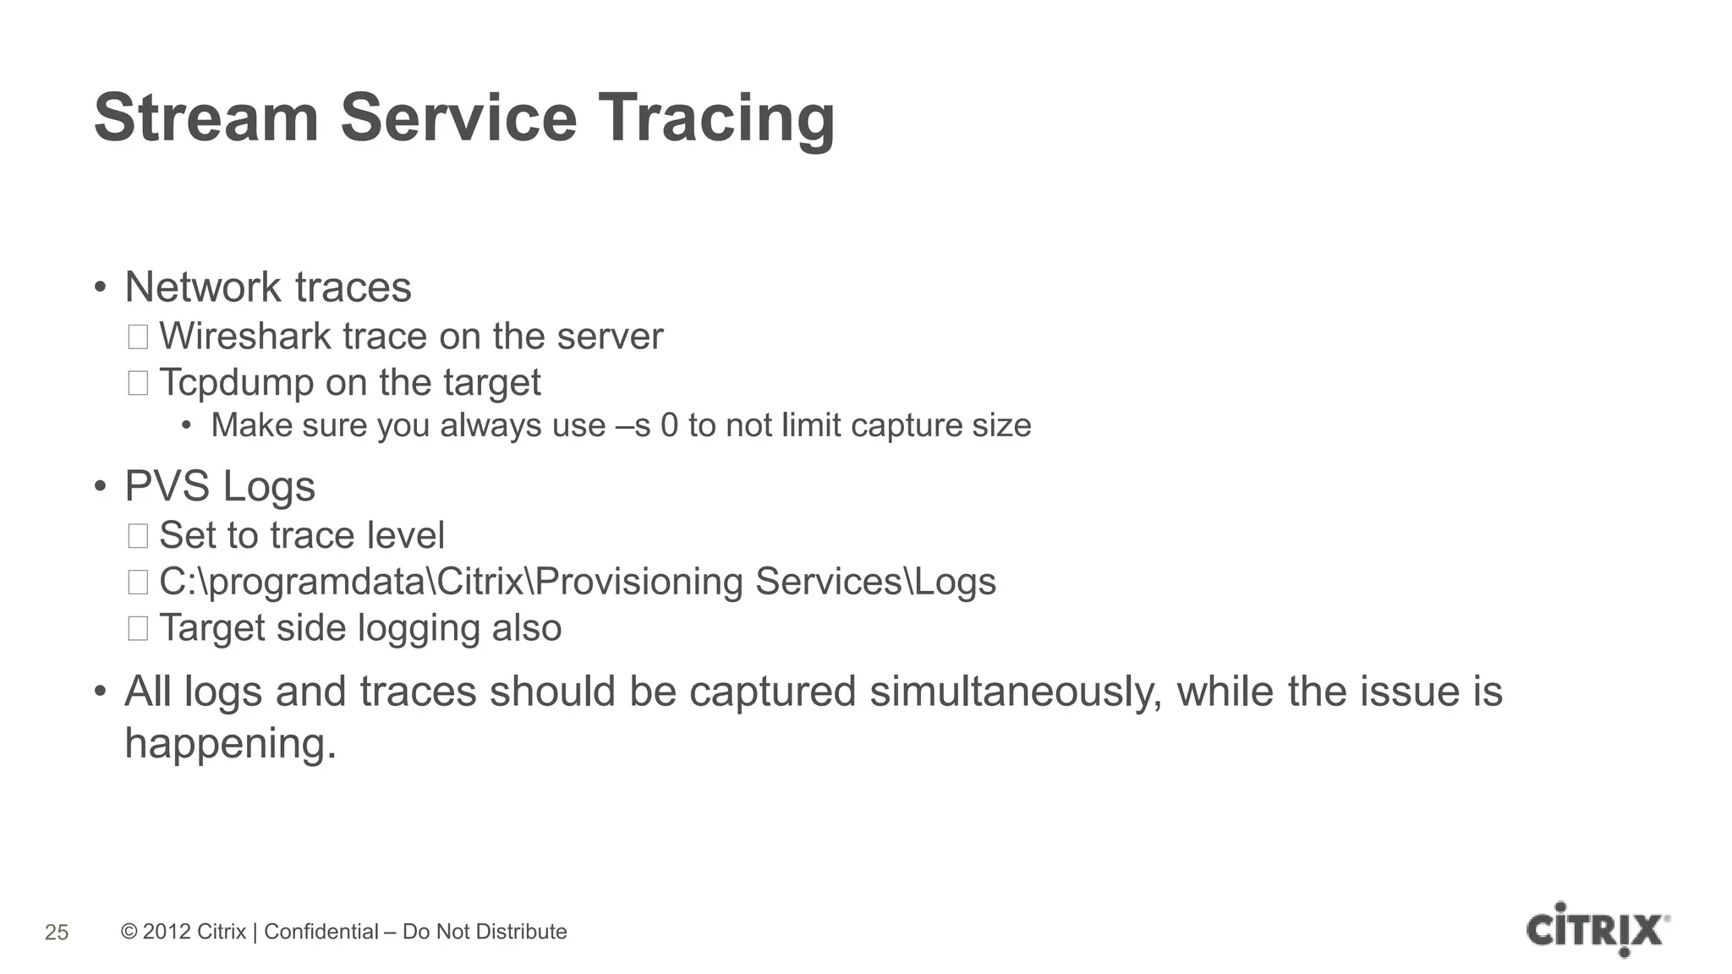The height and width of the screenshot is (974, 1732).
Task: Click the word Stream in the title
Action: [206, 118]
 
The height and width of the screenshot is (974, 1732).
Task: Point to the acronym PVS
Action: [167, 486]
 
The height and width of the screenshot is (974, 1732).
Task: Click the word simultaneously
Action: [1016, 692]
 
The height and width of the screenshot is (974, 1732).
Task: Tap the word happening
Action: [230, 743]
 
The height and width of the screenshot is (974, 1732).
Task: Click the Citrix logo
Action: [1597, 930]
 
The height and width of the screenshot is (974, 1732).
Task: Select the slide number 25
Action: [57, 933]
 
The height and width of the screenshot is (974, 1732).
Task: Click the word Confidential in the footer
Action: [321, 932]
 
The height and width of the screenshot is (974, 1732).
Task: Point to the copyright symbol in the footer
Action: [129, 932]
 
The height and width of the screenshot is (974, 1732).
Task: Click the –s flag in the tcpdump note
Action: [633, 425]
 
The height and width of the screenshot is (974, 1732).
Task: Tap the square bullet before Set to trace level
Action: [138, 536]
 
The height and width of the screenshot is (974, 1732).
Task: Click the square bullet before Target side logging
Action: [138, 628]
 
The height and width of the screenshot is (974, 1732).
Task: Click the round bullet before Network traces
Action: [100, 287]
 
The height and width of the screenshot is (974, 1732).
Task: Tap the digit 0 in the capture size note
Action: [669, 425]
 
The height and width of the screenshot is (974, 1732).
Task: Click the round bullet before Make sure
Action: [187, 425]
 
